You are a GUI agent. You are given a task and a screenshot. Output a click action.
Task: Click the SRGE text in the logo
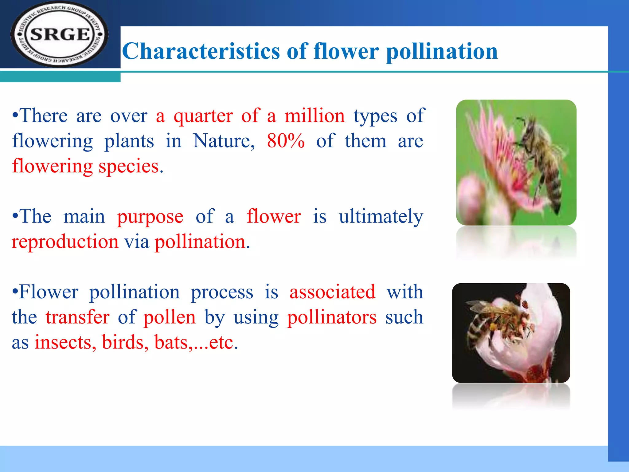(60, 34)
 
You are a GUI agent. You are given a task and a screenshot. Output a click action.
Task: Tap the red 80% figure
(286, 141)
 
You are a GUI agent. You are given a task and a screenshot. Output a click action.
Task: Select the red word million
(314, 116)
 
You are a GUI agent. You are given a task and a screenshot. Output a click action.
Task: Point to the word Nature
(224, 141)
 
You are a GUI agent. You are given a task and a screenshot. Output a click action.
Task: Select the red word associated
(332, 292)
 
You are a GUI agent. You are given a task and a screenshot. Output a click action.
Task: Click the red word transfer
(77, 317)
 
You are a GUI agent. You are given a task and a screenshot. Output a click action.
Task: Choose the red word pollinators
(332, 317)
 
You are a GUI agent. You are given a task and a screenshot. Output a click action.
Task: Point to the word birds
(123, 342)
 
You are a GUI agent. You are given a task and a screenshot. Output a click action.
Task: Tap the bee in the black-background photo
(498, 323)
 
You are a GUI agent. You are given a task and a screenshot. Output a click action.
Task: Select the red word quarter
(203, 116)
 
